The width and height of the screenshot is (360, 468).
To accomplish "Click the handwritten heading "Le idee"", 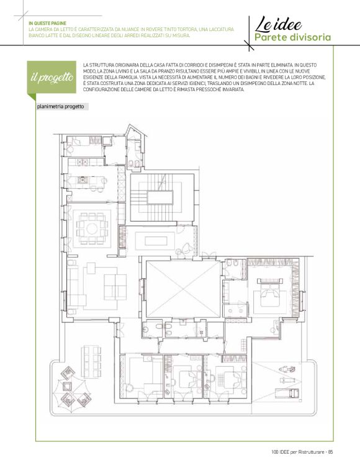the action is pyautogui.click(x=278, y=24).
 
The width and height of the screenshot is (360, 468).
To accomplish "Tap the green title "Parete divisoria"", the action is pyautogui.click(x=292, y=37).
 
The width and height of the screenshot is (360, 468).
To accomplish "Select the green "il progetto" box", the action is pyautogui.click(x=52, y=77).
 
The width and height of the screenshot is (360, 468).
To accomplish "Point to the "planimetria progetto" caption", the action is pyautogui.click(x=61, y=107).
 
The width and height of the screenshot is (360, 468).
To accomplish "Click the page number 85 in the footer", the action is pyautogui.click(x=330, y=452).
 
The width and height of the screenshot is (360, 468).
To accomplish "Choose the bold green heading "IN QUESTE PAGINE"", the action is pyautogui.click(x=47, y=23).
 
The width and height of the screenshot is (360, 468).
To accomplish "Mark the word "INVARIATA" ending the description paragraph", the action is pyautogui.click(x=233, y=89).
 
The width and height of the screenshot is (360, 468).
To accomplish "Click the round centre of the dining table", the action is pyautogui.click(x=92, y=228).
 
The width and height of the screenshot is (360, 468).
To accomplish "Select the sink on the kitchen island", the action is pyautogui.click(x=82, y=179).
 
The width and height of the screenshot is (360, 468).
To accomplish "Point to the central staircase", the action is pyautogui.click(x=160, y=197).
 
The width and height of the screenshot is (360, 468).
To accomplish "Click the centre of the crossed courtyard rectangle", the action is pyautogui.click(x=183, y=289).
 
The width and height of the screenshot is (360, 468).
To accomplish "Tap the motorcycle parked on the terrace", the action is pyautogui.click(x=287, y=369).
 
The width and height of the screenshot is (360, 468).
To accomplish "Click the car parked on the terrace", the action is pyautogui.click(x=287, y=393).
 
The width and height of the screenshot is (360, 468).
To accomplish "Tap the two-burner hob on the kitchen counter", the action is pyautogui.click(x=83, y=162).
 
